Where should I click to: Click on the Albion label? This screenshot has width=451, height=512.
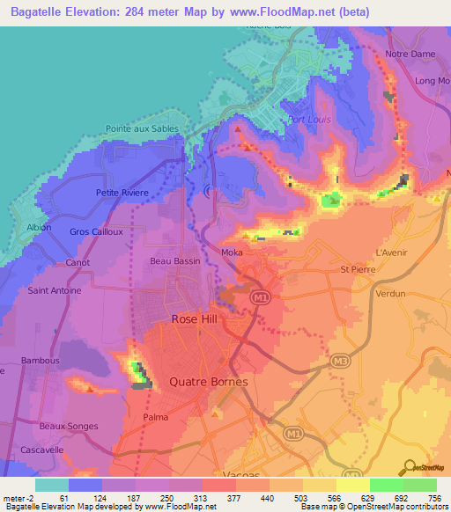click(40, 227)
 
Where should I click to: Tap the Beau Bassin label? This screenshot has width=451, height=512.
click(175, 261)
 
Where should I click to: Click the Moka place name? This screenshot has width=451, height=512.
click(233, 252)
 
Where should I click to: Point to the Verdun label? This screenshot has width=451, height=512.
click(391, 295)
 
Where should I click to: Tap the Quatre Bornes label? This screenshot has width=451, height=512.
click(208, 383)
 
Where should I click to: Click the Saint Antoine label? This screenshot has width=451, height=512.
click(55, 290)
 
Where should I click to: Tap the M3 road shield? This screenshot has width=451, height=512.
click(338, 361)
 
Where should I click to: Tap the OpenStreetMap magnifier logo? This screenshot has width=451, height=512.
click(407, 467)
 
